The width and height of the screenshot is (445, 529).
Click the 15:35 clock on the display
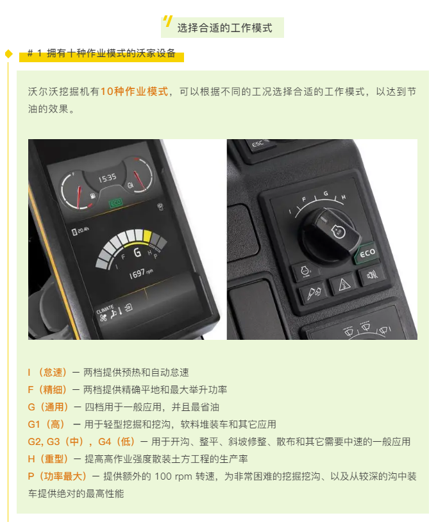(108, 178)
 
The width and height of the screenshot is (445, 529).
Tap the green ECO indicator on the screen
(115, 203)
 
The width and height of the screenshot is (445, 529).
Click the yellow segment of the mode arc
(147, 236)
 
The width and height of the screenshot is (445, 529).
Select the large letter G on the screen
(137, 253)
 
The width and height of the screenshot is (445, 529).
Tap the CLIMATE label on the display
(105, 309)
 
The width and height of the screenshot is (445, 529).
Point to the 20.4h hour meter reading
(81, 231)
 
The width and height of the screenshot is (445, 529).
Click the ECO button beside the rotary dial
(366, 253)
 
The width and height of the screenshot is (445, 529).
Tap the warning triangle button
(344, 284)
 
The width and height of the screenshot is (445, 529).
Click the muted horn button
(373, 275)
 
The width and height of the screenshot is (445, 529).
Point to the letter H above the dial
(344, 197)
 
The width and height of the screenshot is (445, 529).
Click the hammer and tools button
(314, 293)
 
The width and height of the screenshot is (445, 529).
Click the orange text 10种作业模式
(134, 91)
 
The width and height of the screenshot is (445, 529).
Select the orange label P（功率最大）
(56, 476)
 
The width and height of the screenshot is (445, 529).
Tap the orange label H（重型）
(48, 459)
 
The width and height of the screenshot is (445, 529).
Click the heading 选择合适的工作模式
(224, 28)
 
